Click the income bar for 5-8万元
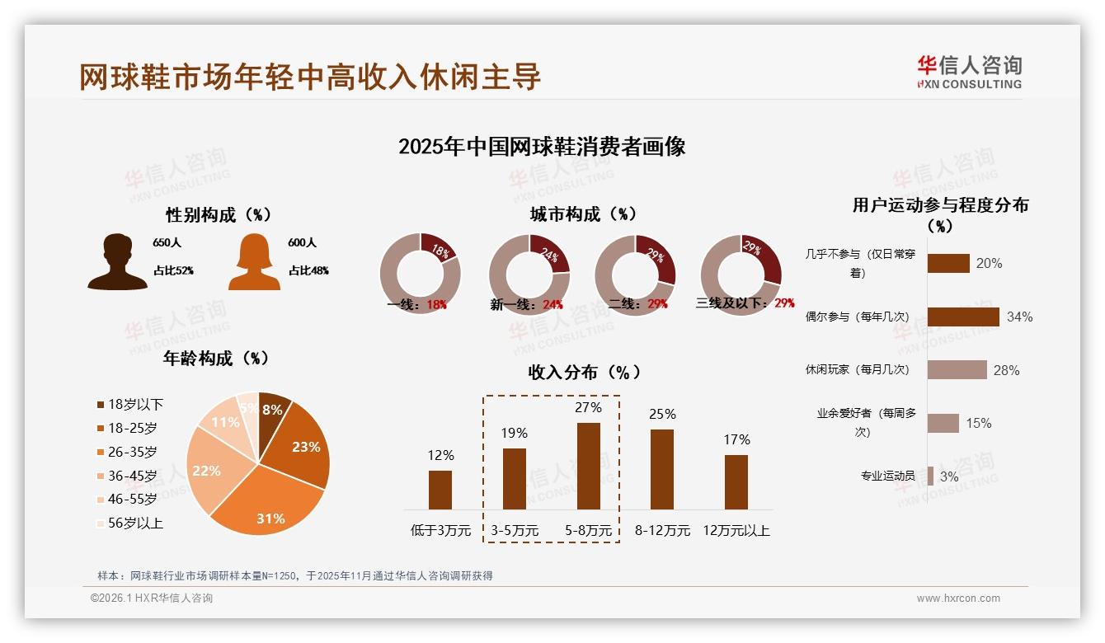(588, 466)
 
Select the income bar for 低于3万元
(440, 490)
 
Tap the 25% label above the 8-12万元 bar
(662, 414)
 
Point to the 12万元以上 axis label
(736, 531)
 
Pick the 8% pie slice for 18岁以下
(274, 407)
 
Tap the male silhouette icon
(117, 261)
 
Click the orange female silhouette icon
(254, 261)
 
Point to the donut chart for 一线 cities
(420, 274)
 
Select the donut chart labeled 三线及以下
(741, 274)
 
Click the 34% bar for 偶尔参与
(962, 317)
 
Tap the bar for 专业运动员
(930, 476)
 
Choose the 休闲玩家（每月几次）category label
(857, 369)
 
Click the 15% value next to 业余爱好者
(978, 423)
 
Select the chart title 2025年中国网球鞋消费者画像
(542, 147)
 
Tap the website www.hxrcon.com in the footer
(957, 598)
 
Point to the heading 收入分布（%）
(584, 372)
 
